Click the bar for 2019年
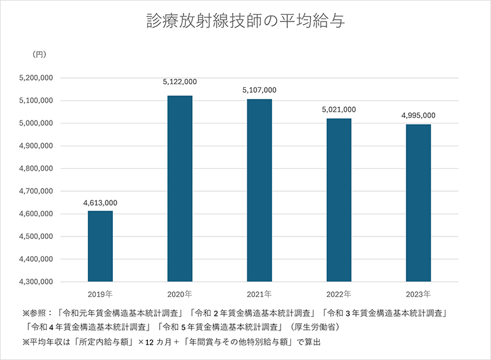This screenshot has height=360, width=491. click(100, 246)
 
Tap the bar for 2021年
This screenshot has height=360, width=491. click(259, 190)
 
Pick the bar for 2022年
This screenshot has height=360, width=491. click(339, 200)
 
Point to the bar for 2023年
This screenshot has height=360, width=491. click(418, 203)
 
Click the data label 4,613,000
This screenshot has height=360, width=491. click(100, 203)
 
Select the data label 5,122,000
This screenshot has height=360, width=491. click(180, 82)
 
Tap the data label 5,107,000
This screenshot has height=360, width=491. click(260, 90)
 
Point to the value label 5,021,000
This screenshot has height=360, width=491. click(339, 109)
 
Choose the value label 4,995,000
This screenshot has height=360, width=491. click(418, 115)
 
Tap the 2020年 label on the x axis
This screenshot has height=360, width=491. click(180, 293)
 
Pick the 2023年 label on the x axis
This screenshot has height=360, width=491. click(418, 293)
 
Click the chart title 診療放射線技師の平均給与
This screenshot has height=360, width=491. click(245, 22)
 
